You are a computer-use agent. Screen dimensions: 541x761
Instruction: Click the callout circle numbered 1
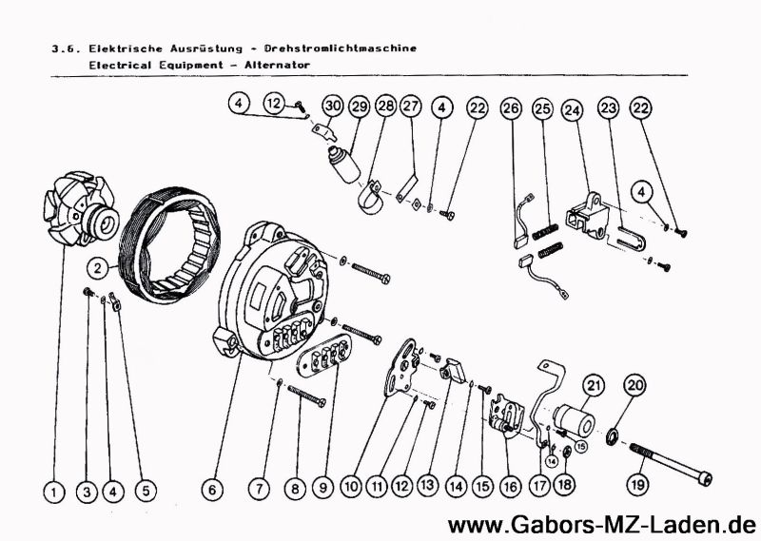click(x=54, y=491)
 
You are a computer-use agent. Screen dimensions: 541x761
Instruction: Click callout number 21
click(x=595, y=386)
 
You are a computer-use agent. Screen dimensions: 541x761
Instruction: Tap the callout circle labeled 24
click(x=571, y=111)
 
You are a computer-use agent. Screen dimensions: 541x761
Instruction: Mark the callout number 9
click(x=322, y=489)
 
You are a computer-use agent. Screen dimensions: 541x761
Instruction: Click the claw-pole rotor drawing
click(x=78, y=207)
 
